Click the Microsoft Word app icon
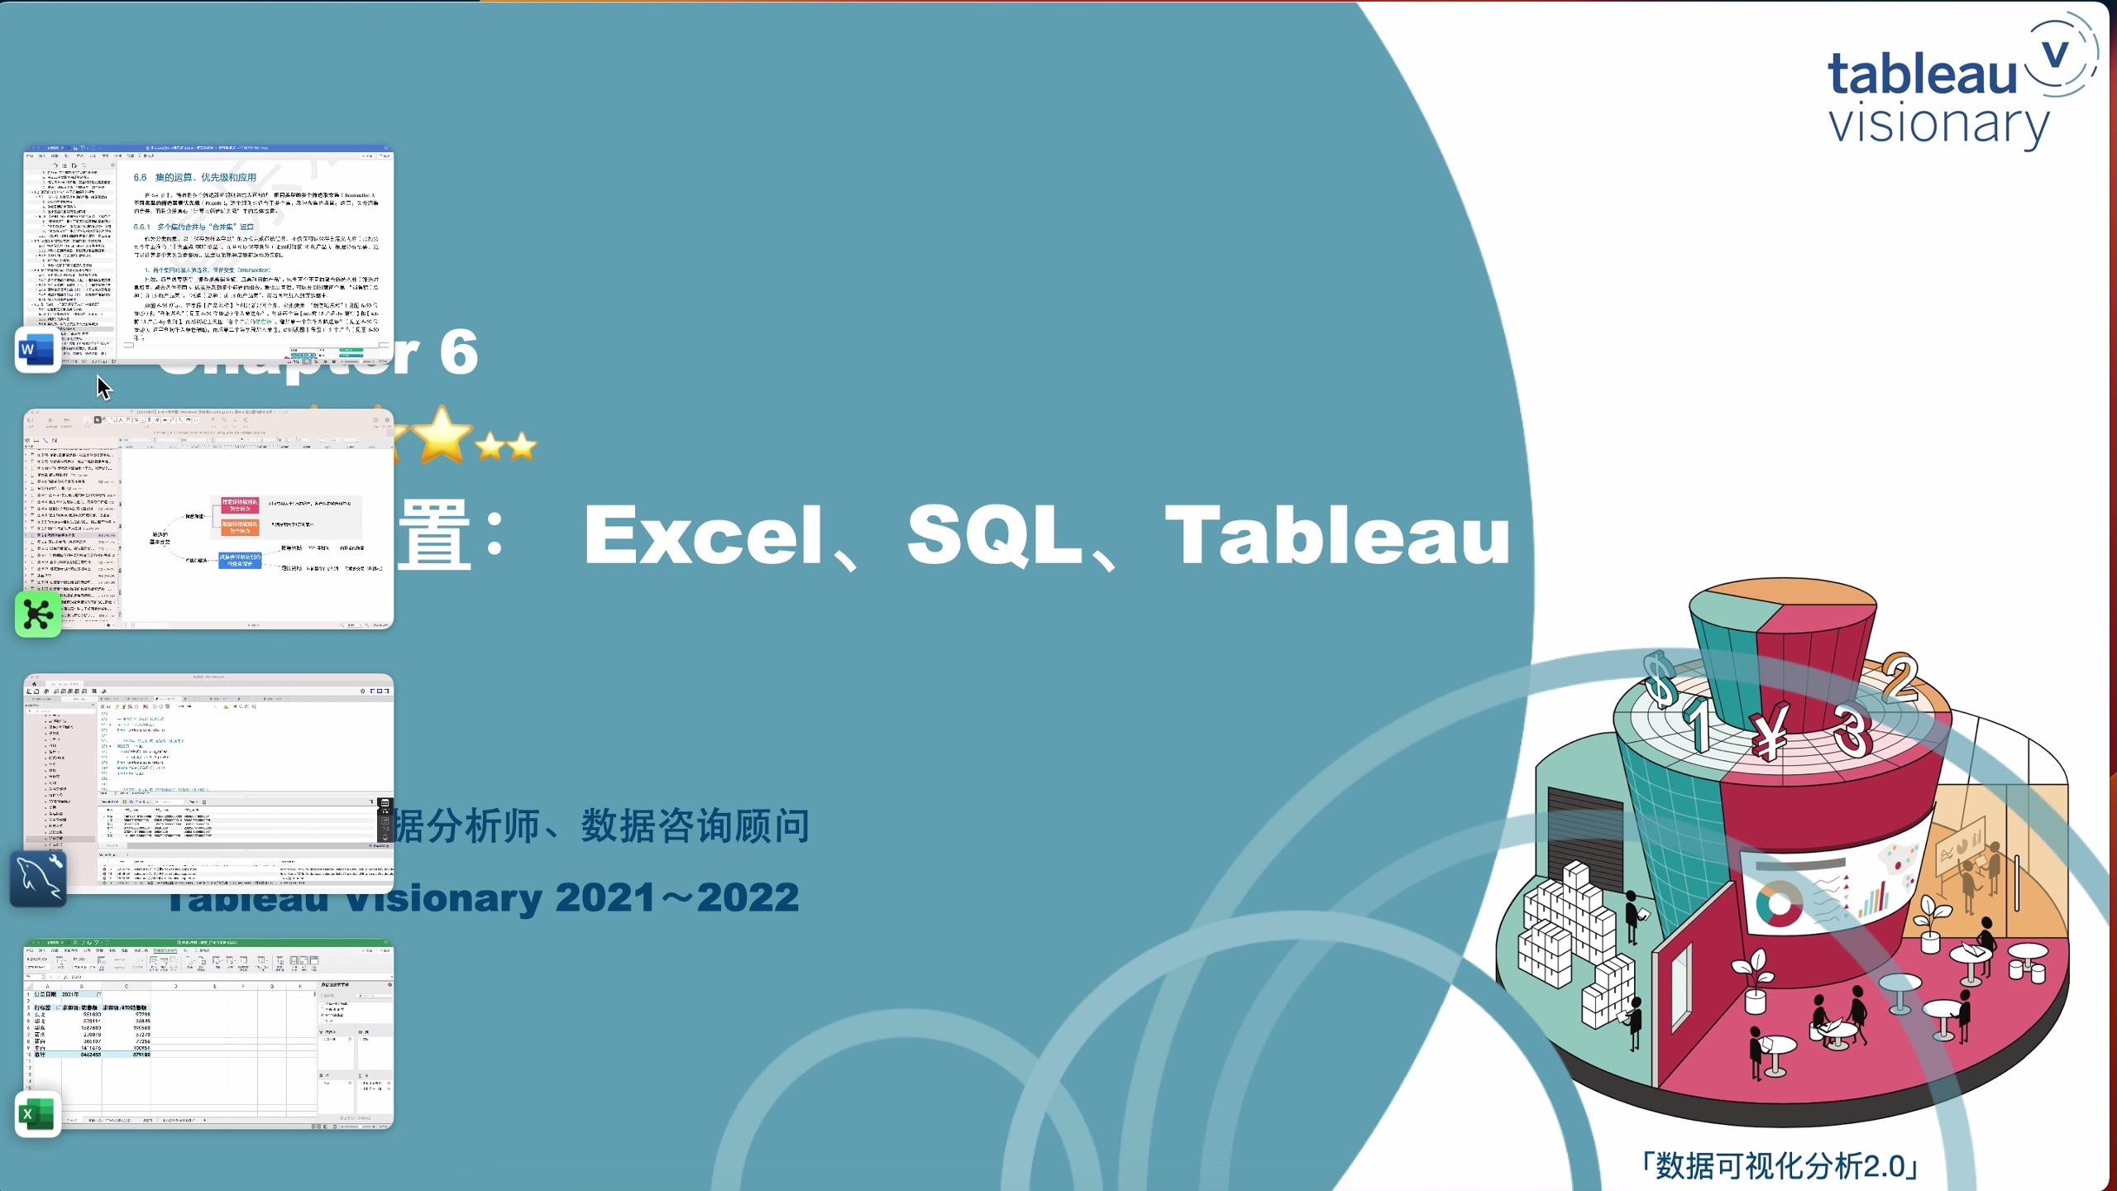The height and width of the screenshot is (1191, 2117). point(36,350)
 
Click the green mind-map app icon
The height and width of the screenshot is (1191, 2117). point(38,615)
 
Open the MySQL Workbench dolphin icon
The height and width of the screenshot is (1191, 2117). point(38,879)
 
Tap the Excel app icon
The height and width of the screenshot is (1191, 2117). point(38,1114)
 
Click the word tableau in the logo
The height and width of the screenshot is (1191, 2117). point(1923,74)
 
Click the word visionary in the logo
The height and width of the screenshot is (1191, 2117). point(1938,126)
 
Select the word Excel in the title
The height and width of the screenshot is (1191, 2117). point(704,535)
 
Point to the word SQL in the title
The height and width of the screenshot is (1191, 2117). point(995,535)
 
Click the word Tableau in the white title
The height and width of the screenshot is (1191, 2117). point(1337,535)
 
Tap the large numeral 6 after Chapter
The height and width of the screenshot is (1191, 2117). point(459,352)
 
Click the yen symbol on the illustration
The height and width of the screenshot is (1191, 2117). point(1771,731)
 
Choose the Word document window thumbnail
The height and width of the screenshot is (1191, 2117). point(208,255)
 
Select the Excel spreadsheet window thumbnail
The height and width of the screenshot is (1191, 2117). point(208,1034)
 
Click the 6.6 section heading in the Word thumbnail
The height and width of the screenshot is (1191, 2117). point(195,177)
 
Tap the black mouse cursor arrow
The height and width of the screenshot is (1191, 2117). point(103,387)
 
